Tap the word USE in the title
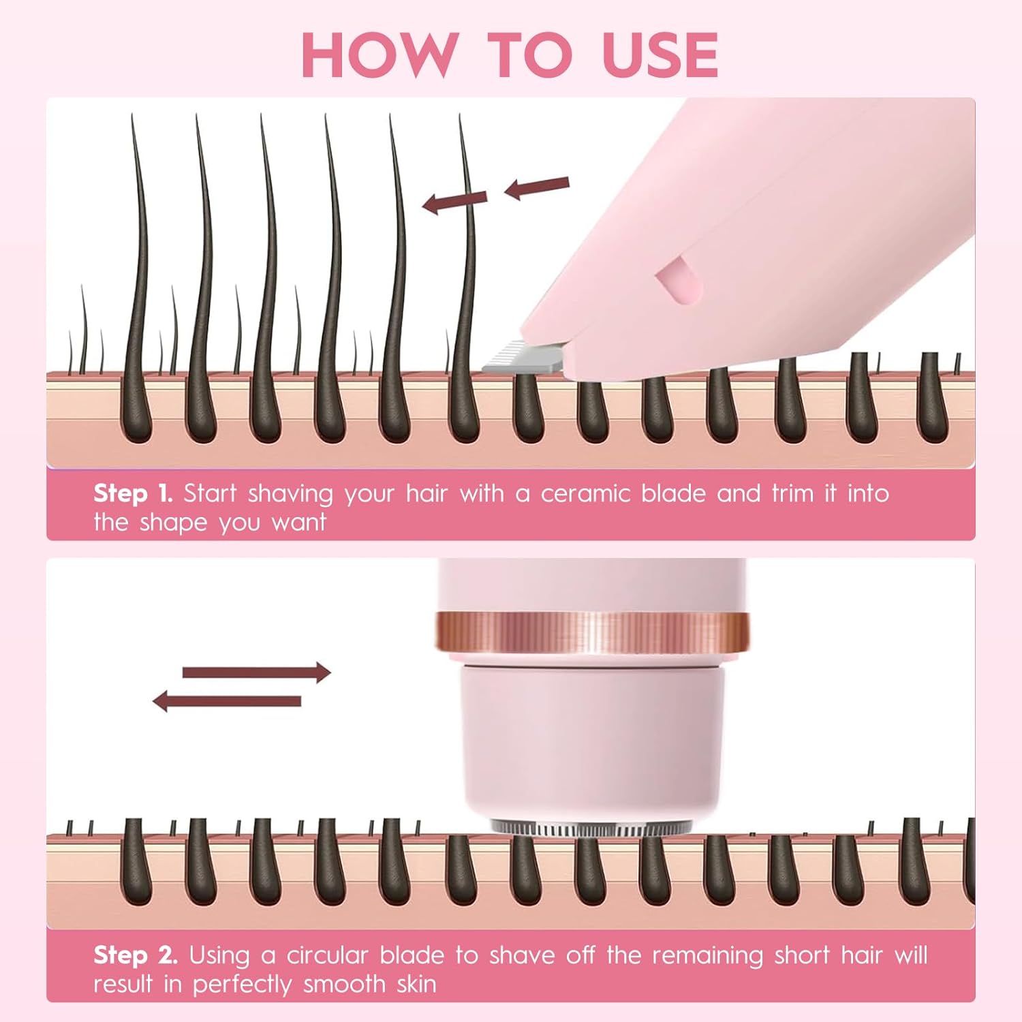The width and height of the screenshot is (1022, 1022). [660, 55]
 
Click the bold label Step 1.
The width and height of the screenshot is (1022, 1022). [133, 493]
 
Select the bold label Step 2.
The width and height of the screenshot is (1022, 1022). [136, 955]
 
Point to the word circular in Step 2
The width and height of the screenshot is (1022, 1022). [327, 955]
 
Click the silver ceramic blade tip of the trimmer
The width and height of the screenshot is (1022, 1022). [518, 358]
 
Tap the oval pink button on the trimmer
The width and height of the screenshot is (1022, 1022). [679, 281]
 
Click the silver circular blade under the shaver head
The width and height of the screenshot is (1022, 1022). [590, 829]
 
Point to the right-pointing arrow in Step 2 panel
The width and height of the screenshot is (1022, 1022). [256, 672]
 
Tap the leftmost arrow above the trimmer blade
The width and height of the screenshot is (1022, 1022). [454, 201]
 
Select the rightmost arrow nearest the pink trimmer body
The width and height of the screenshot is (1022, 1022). [537, 187]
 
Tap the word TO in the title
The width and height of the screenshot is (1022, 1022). [530, 55]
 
